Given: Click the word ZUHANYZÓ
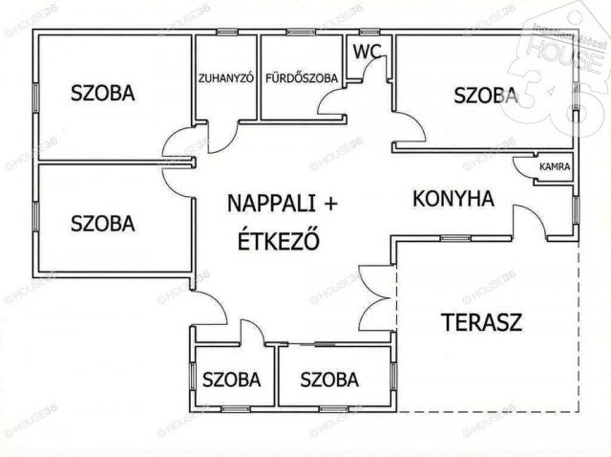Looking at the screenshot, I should click(225, 79).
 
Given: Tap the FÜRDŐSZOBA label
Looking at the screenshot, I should click(302, 79).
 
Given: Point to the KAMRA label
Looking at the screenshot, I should click(555, 166).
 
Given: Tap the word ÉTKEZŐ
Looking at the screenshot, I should click(278, 240).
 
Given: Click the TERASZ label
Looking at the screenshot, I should click(481, 321).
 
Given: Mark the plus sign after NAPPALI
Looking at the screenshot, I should click(330, 203).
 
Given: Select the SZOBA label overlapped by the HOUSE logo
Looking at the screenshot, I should click(486, 95).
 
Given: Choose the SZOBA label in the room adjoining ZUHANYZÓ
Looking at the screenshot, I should click(102, 93).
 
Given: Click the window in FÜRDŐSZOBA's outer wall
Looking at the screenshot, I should click(302, 33).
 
